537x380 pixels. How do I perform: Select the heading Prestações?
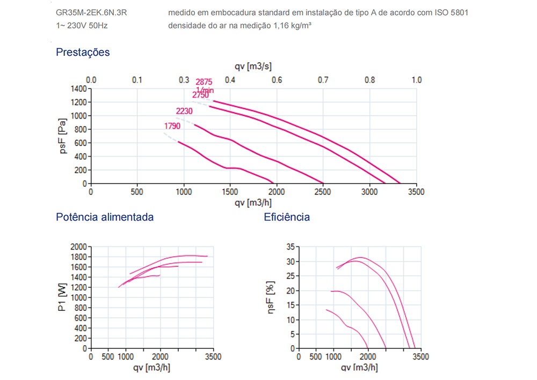(x=83, y=52)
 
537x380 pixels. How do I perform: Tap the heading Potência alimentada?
(x=105, y=217)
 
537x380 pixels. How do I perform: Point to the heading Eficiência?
(x=287, y=217)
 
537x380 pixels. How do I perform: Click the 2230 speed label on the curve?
(x=184, y=111)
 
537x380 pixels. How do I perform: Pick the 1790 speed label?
(x=172, y=127)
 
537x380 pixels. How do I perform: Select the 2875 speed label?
(x=204, y=82)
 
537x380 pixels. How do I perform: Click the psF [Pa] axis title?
(x=63, y=136)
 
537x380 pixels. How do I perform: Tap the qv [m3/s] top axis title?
(x=253, y=67)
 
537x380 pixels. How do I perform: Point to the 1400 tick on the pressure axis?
(x=78, y=89)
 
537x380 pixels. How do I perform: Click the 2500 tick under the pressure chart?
(x=323, y=192)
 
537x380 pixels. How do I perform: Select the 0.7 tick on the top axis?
(x=323, y=80)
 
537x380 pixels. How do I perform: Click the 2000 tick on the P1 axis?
(x=78, y=246)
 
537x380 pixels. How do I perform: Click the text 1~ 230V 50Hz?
(x=82, y=25)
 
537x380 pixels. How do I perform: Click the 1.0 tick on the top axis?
(x=416, y=80)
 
